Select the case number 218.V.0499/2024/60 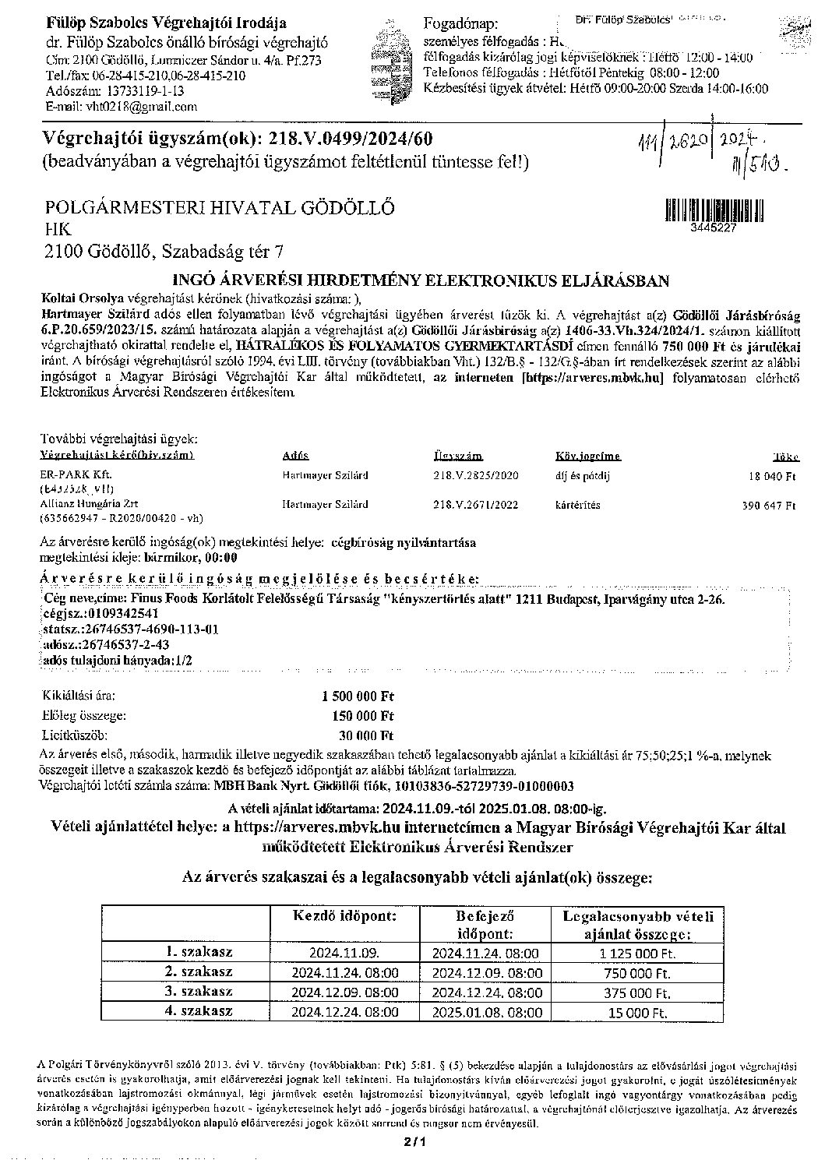(350, 139)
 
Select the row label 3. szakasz (199, 992)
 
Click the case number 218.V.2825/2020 (475, 474)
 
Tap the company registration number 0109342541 (115, 615)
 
